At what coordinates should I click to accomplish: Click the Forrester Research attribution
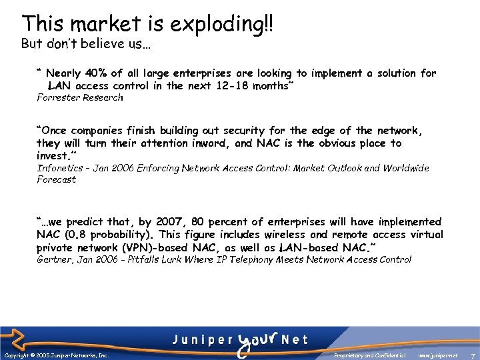(x=79, y=98)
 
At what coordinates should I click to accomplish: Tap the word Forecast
(x=56, y=179)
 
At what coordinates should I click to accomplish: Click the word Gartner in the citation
(x=55, y=259)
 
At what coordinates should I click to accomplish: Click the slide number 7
(x=472, y=356)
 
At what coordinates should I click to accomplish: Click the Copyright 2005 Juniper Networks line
(x=57, y=356)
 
